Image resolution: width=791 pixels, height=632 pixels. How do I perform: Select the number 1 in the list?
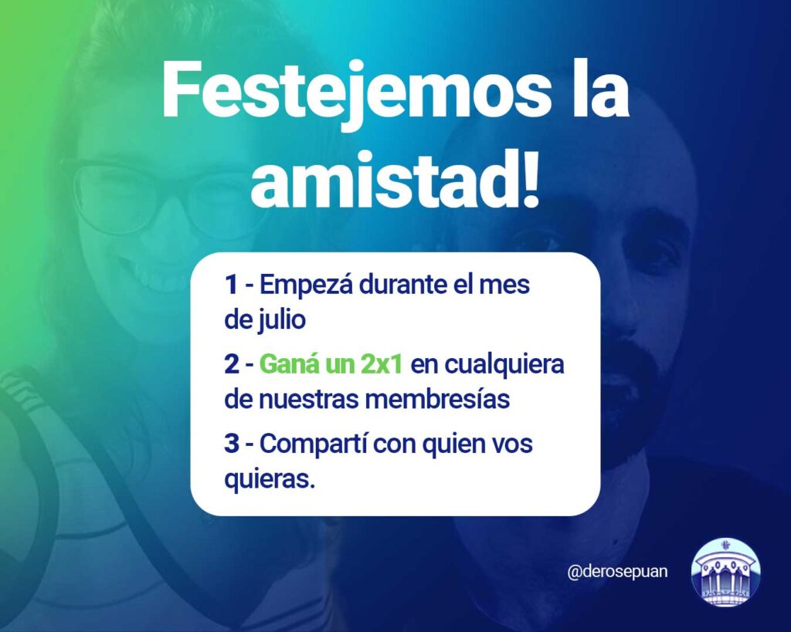pyautogui.click(x=231, y=285)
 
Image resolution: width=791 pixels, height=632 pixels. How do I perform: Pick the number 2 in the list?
pyautogui.click(x=232, y=364)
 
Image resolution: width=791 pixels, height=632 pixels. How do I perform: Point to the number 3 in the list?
pyautogui.click(x=232, y=444)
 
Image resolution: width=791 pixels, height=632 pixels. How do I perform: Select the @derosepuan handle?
pyautogui.click(x=617, y=572)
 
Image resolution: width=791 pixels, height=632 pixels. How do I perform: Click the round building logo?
pyautogui.click(x=726, y=572)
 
